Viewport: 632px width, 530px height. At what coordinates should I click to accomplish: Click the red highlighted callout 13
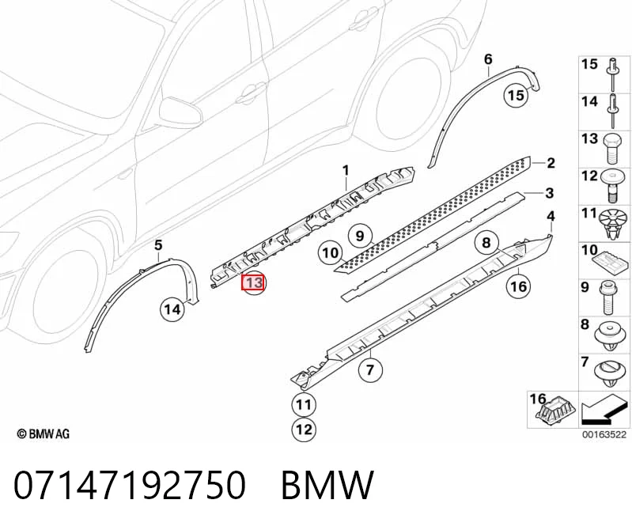coord(252,282)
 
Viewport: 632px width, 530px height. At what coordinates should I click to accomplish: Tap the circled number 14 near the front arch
coord(172,309)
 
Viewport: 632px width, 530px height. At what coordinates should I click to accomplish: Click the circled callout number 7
coord(370,369)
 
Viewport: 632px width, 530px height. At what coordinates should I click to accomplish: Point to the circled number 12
coord(304,429)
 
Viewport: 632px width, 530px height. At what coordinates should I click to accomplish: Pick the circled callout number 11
coord(304,404)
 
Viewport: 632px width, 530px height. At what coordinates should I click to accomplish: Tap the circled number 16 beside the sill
coord(518,286)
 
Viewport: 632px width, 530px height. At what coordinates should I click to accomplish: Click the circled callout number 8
coord(486,242)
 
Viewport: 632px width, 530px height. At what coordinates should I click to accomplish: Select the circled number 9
coord(360,236)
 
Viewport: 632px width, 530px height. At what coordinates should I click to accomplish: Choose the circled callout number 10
coord(330,252)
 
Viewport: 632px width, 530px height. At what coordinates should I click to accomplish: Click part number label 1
coord(346,171)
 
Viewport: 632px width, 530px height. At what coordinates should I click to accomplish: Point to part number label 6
coord(488,59)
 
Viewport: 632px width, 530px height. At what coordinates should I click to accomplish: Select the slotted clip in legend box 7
coord(609,372)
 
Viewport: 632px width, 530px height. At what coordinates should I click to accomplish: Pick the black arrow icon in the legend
coord(604,409)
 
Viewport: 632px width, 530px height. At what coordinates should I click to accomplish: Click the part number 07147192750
coord(129,484)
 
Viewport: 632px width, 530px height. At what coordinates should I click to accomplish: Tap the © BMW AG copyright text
coord(44,433)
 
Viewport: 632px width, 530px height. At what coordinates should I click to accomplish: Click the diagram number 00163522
coord(604,434)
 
